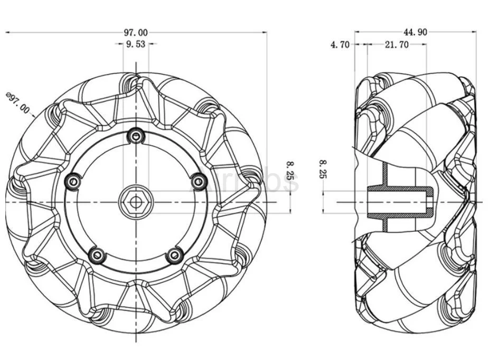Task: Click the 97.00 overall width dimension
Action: (x=136, y=32)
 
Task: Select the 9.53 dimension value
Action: (x=135, y=44)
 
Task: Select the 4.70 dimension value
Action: (x=340, y=45)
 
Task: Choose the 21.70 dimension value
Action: (x=396, y=45)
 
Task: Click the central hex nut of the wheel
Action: (x=136, y=202)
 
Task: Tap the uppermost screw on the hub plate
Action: (x=136, y=136)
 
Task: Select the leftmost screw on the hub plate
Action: (x=71, y=182)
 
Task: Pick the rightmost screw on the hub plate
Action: (x=199, y=182)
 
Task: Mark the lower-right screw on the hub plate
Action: (x=174, y=256)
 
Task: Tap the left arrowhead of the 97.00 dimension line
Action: (x=7, y=32)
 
